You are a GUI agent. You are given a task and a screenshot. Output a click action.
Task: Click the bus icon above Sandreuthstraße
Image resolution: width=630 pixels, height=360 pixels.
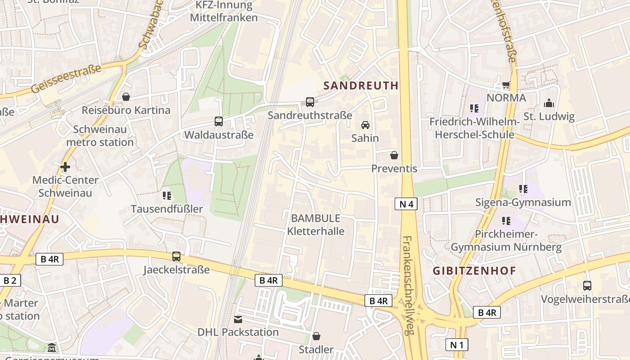coord(310,102)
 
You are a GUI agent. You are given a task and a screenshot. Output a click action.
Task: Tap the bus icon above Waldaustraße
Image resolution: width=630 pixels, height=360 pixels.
coord(219,121)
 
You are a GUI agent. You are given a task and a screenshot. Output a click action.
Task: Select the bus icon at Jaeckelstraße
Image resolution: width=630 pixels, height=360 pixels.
coord(176,256)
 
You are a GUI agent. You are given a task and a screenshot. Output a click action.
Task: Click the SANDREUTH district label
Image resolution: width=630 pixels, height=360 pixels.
coord(361,85)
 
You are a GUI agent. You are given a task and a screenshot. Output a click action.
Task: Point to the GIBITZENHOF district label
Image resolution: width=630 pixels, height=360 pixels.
coord(474,271)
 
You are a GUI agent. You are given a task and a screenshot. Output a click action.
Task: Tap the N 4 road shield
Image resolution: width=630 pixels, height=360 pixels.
coord(406,204)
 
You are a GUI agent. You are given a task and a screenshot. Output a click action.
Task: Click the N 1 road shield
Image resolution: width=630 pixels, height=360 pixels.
coord(457,345)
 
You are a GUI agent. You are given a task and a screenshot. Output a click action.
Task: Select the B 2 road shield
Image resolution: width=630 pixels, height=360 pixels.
coord(9,281)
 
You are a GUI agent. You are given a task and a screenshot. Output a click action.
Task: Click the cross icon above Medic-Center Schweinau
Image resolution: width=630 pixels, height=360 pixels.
coord(65,167)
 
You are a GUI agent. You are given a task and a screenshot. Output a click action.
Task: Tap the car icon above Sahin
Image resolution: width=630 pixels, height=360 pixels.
coord(365,125)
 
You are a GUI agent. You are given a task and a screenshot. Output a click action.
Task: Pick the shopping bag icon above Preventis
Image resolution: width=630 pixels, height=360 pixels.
coord(394,155)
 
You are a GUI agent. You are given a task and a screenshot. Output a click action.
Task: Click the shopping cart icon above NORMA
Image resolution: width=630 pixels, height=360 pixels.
coord(506,85)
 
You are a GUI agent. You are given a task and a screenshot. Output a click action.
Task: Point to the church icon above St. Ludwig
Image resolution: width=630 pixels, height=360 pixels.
coord(549,103)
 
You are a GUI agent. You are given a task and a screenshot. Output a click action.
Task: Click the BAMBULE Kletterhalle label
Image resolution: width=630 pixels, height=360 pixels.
coord(316,225)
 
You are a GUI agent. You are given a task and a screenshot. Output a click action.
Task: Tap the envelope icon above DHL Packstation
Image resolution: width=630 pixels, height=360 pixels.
coord(238,319)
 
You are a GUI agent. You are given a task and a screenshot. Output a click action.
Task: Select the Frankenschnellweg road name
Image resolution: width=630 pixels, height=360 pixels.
coord(408,286)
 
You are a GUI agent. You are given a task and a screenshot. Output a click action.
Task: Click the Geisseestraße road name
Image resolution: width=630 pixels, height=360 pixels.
coord(67,79)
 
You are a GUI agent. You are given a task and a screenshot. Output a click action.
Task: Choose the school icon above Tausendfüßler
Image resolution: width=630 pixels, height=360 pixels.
coord(167,196)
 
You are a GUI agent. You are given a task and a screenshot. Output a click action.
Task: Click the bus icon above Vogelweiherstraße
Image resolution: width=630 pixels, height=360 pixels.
coord(587,286)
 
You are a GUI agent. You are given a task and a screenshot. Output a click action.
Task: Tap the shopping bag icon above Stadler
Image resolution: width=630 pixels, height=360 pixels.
coord(316,336)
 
